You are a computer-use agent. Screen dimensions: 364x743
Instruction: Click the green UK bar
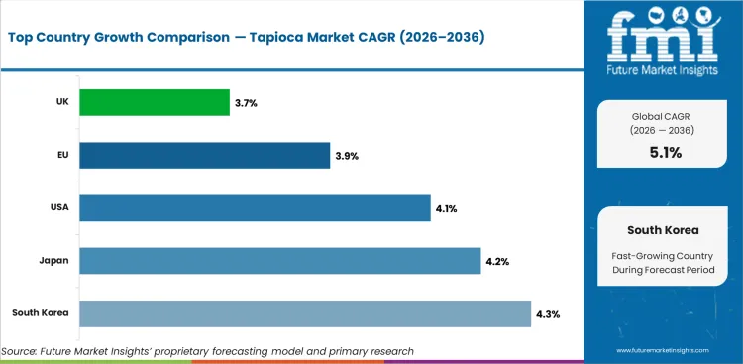tap(154, 102)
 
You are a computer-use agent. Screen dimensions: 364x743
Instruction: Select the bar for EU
tap(204, 155)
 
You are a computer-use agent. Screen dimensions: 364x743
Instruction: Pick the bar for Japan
tap(279, 260)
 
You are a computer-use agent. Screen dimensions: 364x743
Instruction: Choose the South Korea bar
tap(304, 312)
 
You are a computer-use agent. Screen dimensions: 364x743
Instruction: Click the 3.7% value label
tap(247, 103)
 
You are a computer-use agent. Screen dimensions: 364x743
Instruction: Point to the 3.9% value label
tap(348, 156)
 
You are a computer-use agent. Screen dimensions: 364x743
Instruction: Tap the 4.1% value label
tap(447, 208)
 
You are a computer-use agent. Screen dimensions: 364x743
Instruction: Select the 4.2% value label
tap(496, 261)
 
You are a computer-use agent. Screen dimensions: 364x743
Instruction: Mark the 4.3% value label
tap(547, 313)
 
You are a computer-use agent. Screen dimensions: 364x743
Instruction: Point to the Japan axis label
tap(53, 260)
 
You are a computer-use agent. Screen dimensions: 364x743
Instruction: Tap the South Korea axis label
tap(40, 312)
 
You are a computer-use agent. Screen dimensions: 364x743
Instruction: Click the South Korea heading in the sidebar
tap(664, 229)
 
